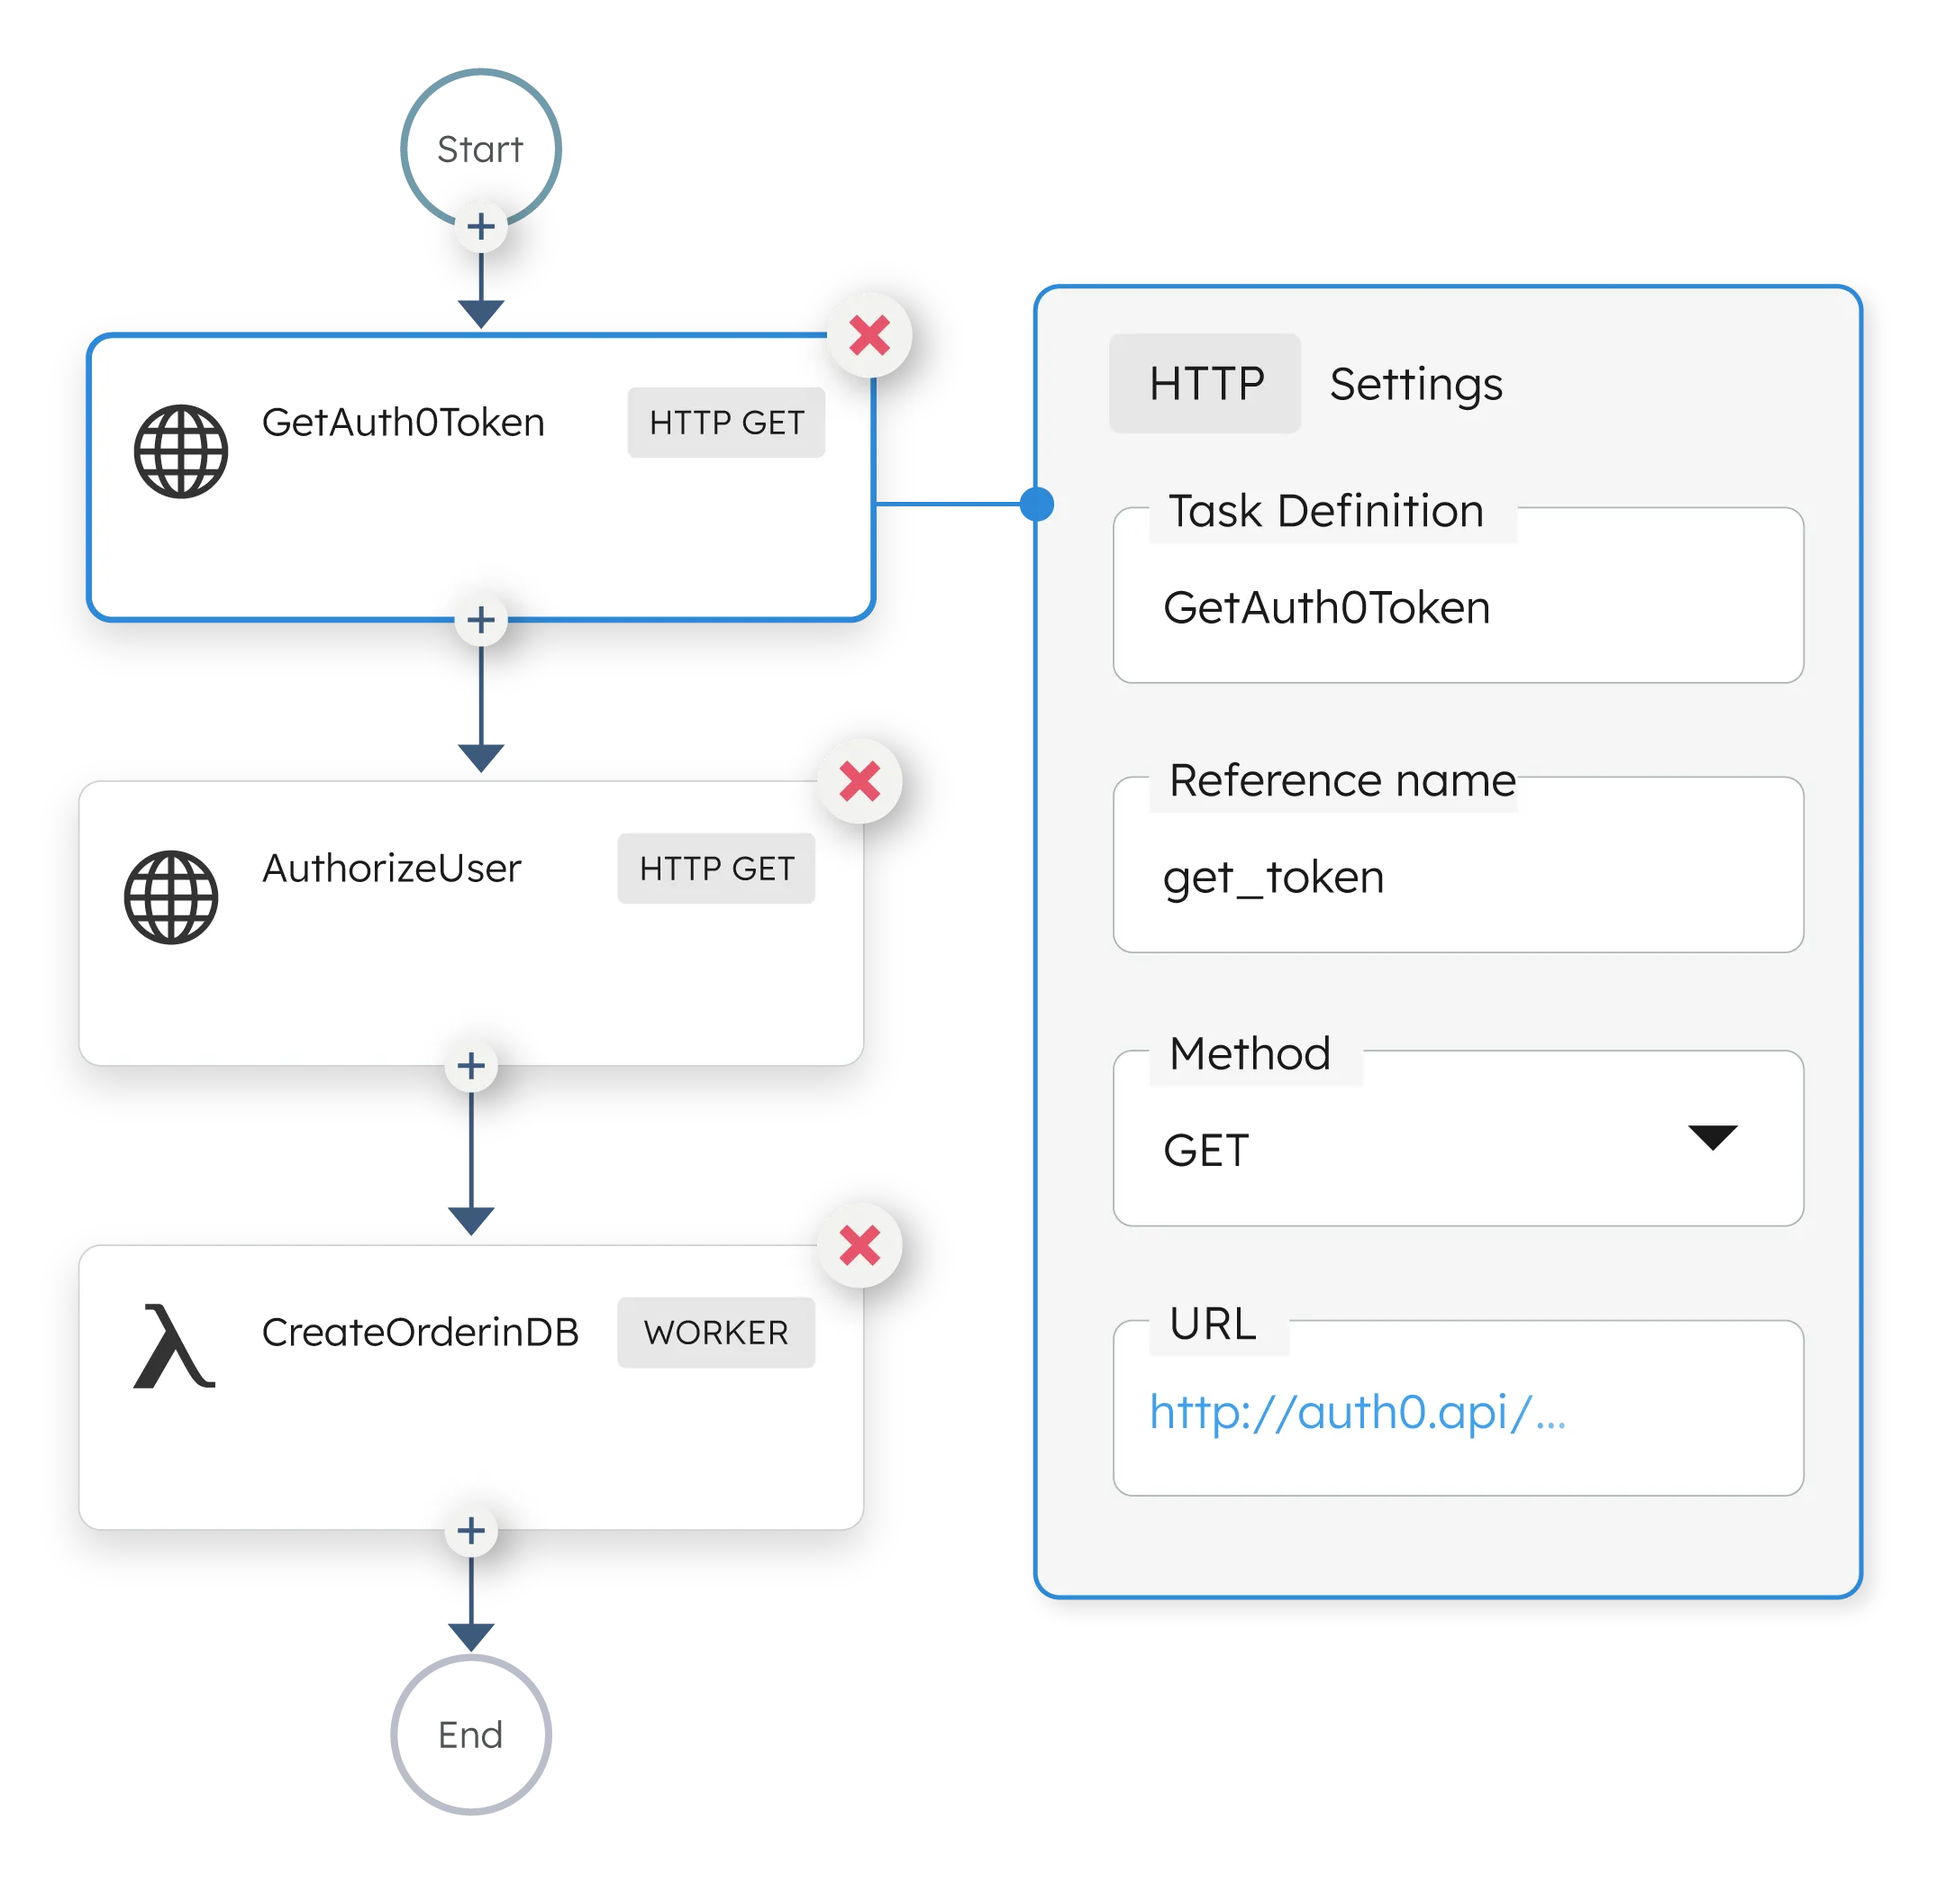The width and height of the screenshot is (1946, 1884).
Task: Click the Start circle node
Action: click(479, 146)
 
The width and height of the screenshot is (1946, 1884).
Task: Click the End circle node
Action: click(471, 1733)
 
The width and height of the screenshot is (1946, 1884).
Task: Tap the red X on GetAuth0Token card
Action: click(869, 336)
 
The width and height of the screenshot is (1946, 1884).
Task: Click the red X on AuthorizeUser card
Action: click(859, 781)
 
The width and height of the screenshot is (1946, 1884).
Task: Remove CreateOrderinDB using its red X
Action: click(859, 1245)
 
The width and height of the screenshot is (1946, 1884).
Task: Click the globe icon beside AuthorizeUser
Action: click(171, 896)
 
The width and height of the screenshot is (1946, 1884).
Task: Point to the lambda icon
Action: click(174, 1347)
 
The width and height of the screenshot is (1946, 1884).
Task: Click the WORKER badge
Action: click(716, 1333)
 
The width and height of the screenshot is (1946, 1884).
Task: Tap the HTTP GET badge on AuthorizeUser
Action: click(716, 869)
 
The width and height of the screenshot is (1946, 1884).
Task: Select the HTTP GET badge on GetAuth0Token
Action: click(726, 423)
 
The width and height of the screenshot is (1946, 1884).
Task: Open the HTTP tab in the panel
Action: click(1205, 383)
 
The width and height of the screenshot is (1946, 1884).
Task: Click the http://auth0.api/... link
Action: click(1357, 1412)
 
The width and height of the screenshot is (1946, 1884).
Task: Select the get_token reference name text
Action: click(1274, 878)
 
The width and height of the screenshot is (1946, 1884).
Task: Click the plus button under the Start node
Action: click(481, 226)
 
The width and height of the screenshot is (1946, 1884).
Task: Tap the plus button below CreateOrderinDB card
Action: click(471, 1531)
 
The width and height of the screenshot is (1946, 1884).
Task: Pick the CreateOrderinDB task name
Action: click(420, 1333)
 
